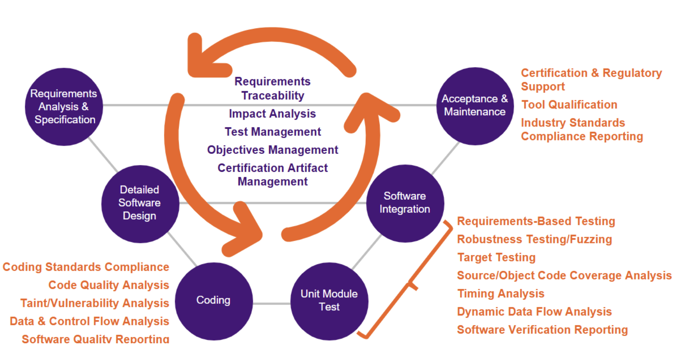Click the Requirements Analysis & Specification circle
tap(64, 107)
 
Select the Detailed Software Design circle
tap(140, 204)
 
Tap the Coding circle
tap(214, 301)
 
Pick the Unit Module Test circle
tap(329, 301)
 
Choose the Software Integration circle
tap(405, 203)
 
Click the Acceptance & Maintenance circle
tap(475, 106)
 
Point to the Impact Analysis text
tap(272, 114)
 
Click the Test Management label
tap(273, 132)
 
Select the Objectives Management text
tap(273, 150)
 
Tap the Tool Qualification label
tap(569, 105)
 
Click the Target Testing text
tap(496, 257)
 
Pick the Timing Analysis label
tap(500, 294)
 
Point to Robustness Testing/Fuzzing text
tap(534, 239)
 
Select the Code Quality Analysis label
tap(108, 285)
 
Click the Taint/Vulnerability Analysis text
tap(94, 303)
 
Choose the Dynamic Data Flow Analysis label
tap(534, 312)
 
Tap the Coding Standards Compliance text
tap(86, 267)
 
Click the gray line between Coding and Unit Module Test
tap(271, 303)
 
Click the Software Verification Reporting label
tap(542, 330)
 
